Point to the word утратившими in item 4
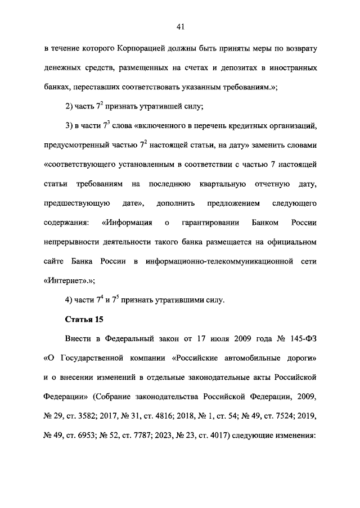(164, 300)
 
